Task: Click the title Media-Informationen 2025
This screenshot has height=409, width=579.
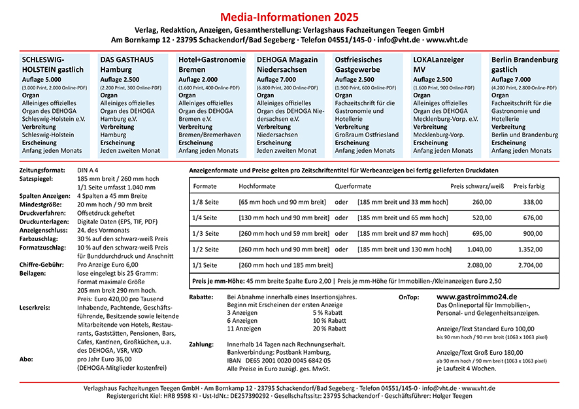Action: (x=289, y=16)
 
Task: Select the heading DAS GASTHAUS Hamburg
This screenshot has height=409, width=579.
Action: (x=127, y=64)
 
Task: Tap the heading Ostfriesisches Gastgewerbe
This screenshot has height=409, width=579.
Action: (x=358, y=64)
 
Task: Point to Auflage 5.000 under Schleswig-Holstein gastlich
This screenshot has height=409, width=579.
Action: (x=44, y=79)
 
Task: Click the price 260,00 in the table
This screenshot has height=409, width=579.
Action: (x=482, y=202)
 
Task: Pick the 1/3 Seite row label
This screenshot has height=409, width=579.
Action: (x=205, y=233)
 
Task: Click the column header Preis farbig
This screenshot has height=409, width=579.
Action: (x=529, y=186)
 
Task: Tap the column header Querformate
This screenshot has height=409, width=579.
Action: (x=352, y=186)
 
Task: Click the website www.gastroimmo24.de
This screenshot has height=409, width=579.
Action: (x=476, y=297)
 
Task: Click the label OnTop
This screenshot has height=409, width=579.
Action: (x=410, y=297)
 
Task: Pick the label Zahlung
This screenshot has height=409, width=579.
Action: (x=201, y=344)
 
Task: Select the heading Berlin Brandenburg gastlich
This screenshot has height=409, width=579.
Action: (x=524, y=64)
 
